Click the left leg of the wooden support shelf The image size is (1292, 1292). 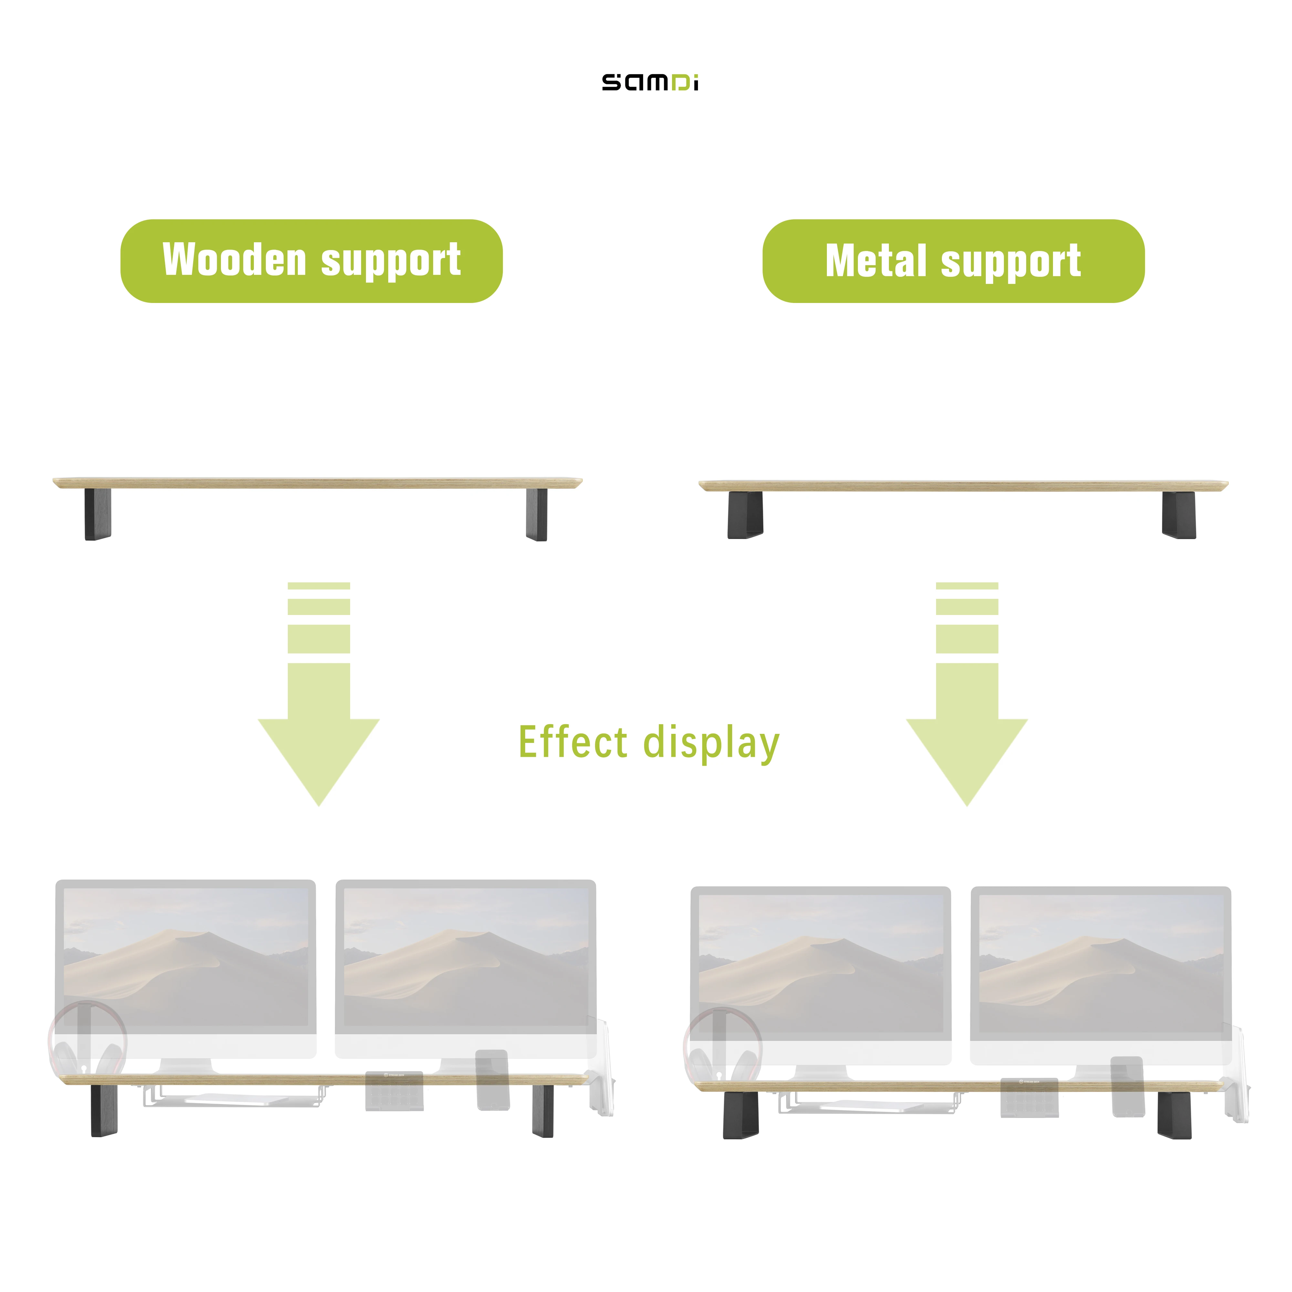[98, 514]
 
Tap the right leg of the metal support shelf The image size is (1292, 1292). [1178, 515]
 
